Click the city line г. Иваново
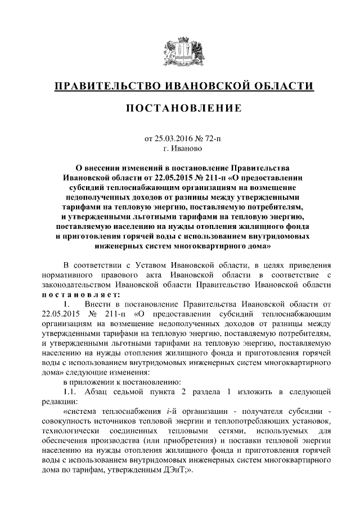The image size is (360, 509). [179, 148]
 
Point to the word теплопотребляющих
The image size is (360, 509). [252, 421]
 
